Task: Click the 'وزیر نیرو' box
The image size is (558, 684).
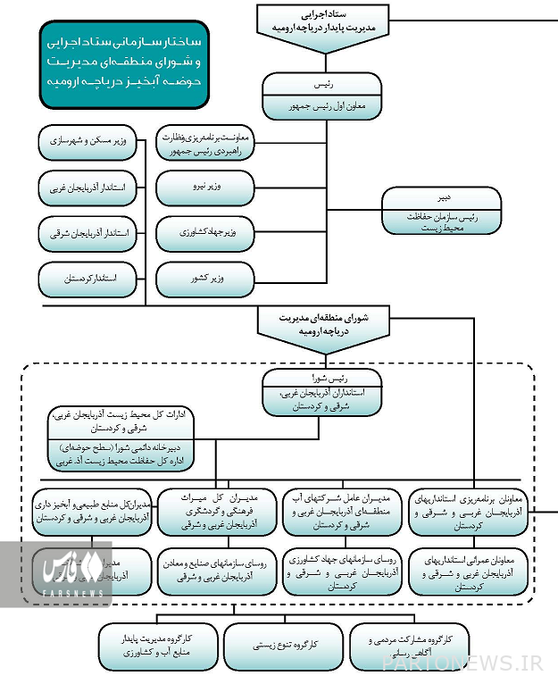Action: [206, 188]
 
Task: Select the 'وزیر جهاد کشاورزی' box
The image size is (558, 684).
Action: [206, 234]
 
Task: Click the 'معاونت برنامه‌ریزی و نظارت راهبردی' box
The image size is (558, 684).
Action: [206, 143]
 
